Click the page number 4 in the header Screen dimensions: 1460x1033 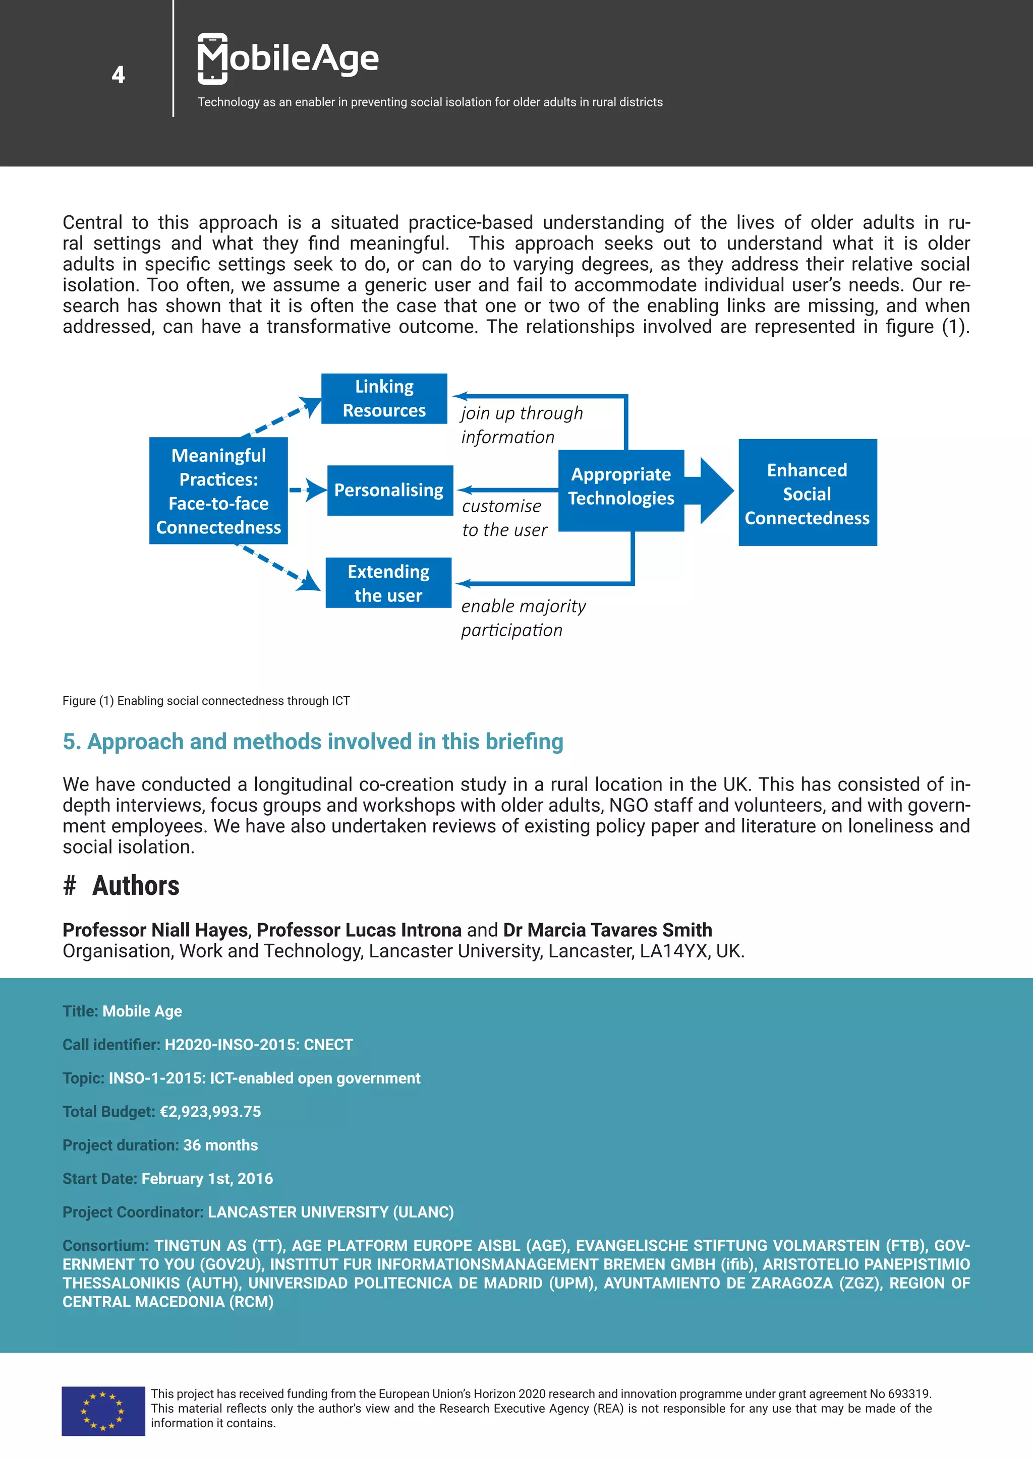pos(119,75)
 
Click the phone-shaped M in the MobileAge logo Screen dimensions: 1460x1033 pos(212,58)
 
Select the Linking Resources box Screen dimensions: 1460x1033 pos(384,399)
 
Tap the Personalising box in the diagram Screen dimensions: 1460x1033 pos(389,490)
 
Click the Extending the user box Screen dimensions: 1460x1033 pos(388,583)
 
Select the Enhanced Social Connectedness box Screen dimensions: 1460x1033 pos(807,493)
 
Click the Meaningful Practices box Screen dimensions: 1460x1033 pos(218,491)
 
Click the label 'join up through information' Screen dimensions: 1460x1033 pos(522,425)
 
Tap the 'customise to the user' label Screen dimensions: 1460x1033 pos(504,518)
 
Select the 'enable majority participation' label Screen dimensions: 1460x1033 pos(523,618)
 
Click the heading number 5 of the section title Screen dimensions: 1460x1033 pos(70,742)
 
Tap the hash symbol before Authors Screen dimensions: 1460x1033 pos(69,886)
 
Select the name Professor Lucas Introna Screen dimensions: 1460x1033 pos(359,930)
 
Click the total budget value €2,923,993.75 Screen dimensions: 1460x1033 pos(210,1112)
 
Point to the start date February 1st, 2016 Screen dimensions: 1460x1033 pos(207,1178)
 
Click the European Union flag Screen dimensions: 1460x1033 pos(103,1411)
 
